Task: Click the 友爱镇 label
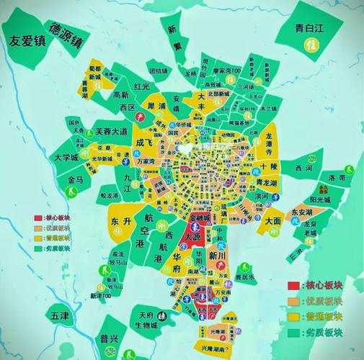click(x=36, y=41)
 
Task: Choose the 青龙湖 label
click(x=272, y=182)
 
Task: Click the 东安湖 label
click(x=301, y=212)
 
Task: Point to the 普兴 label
click(x=110, y=338)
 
